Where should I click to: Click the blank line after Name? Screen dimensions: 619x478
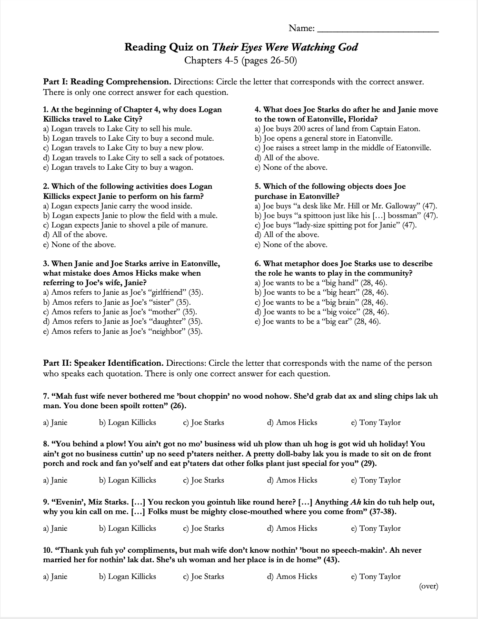pyautogui.click(x=378, y=29)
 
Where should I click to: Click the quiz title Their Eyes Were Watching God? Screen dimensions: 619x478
pyautogui.click(x=285, y=47)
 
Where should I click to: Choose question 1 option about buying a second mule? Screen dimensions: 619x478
pyautogui.click(x=129, y=138)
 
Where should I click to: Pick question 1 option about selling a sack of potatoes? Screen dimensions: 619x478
pyautogui.click(x=134, y=158)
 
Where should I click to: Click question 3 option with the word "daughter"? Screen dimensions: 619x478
pyautogui.click(x=123, y=321)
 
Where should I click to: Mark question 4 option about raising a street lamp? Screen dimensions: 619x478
pyautogui.click(x=343, y=148)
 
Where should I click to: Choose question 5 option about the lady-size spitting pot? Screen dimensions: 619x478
pyautogui.click(x=336, y=225)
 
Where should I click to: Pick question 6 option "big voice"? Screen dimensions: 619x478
pyautogui.click(x=322, y=312)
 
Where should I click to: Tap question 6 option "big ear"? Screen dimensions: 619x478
pyautogui.click(x=318, y=321)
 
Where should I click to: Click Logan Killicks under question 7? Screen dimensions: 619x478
pyautogui.click(x=128, y=423)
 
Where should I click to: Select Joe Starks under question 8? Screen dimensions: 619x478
pyautogui.click(x=203, y=480)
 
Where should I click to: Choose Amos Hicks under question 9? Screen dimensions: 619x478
pyautogui.click(x=292, y=528)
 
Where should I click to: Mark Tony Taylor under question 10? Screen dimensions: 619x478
pyautogui.click(x=376, y=577)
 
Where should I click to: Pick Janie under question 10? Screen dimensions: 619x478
pyautogui.click(x=55, y=577)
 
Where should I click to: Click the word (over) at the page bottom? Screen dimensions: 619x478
pyautogui.click(x=428, y=587)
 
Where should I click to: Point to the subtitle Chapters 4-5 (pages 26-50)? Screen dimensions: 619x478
pyautogui.click(x=240, y=61)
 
